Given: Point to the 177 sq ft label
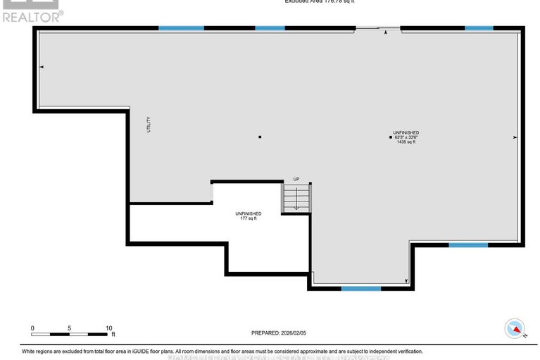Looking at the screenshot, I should click(x=248, y=218).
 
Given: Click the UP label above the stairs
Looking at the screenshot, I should click(x=296, y=179).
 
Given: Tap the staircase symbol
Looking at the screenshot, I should click(x=296, y=197).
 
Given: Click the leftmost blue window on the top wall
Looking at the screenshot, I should click(x=181, y=28).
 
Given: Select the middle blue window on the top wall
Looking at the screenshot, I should click(x=270, y=28).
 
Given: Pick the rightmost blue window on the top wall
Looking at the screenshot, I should click(x=479, y=28).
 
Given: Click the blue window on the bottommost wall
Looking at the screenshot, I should click(x=360, y=288).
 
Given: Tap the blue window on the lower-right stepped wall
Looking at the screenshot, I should click(x=468, y=245).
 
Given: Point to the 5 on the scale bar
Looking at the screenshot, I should click(x=70, y=328).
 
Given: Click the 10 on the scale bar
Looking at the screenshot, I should click(x=108, y=328).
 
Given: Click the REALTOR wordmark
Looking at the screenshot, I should click(x=31, y=16).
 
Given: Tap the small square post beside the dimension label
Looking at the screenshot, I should click(x=391, y=137).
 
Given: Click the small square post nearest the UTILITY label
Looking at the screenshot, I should click(x=260, y=137).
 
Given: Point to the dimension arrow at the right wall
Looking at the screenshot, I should click(x=515, y=137).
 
